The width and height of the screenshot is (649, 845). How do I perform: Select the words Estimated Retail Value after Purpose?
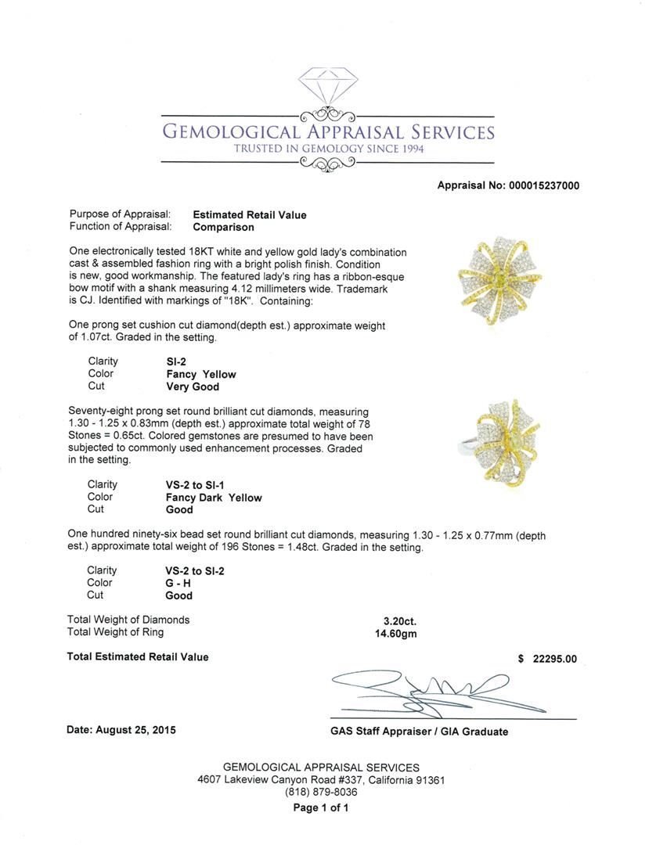coord(250,214)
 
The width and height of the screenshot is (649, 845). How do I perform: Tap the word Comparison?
coord(223,227)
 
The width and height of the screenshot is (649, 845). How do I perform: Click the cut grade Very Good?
coord(193,387)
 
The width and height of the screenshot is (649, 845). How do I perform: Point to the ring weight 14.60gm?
coord(396,633)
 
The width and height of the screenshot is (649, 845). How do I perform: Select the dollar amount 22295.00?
coord(554,659)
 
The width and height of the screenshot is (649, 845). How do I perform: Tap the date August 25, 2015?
coord(121,730)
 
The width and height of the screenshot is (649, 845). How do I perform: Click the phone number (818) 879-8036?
coord(321,793)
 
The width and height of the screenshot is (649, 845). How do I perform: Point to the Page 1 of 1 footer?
coord(321,808)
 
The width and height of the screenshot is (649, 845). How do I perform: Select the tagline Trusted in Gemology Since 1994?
coord(328,149)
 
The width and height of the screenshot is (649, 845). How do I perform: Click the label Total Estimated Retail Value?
coord(138,657)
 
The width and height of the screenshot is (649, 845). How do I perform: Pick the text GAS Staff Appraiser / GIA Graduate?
coord(419,732)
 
